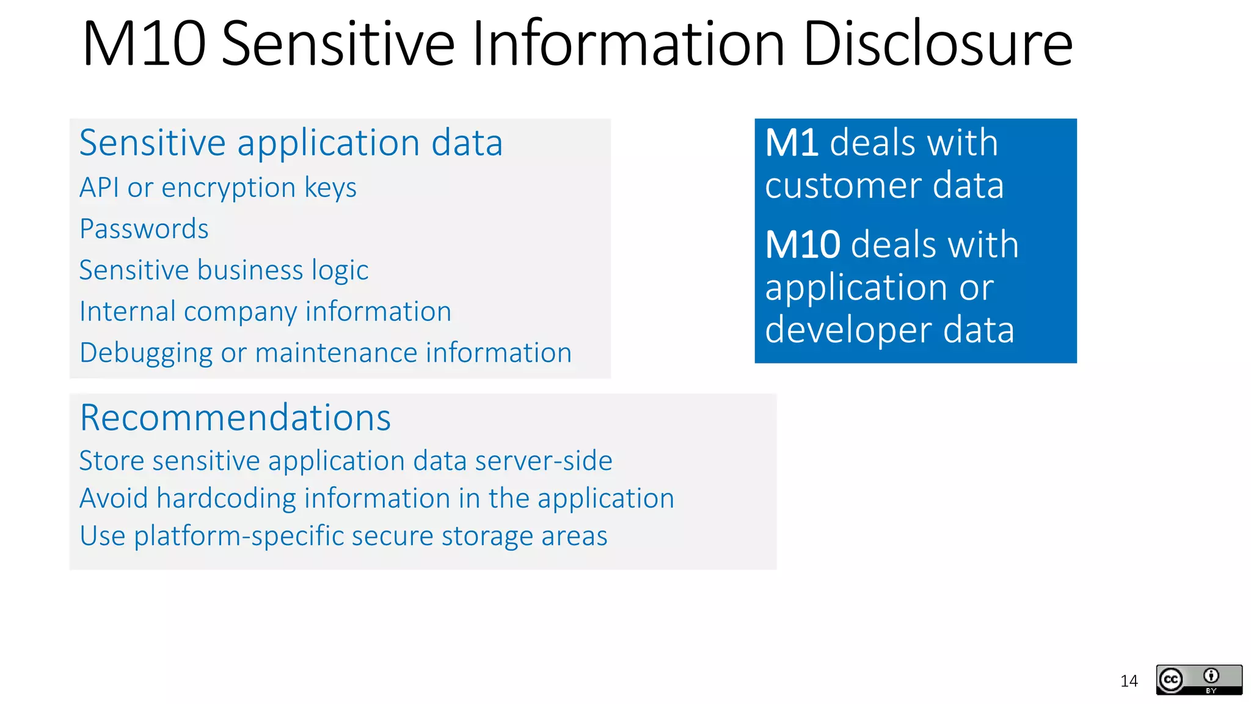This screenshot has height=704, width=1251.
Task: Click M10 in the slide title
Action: coord(144,44)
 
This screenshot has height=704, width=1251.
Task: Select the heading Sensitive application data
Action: coord(291,143)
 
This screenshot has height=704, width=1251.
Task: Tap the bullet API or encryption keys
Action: coord(218,188)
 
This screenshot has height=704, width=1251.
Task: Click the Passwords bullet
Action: coord(144,229)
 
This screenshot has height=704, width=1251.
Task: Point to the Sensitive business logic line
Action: coord(224,270)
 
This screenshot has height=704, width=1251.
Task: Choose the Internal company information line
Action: coord(265,312)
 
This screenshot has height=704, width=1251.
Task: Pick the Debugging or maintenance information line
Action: coord(326,353)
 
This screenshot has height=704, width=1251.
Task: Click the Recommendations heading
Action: coord(235,418)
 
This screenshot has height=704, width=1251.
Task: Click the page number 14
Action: coord(1129,681)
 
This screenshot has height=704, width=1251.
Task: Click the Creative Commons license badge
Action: coord(1198,680)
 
